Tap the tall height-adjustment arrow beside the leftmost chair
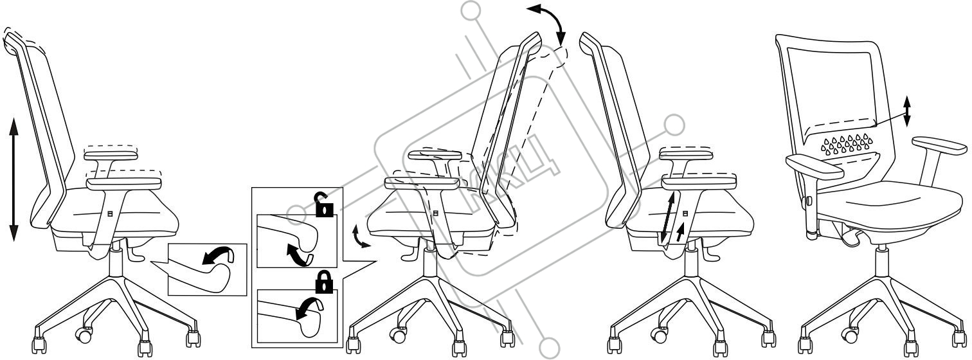pos(14,178)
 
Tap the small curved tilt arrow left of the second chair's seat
pos(361,237)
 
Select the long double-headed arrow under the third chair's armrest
pos(668,219)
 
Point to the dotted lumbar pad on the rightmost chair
pos(848,144)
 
